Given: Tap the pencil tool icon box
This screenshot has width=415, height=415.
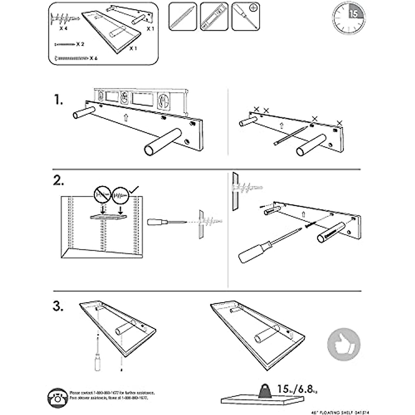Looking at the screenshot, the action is pos(183,17).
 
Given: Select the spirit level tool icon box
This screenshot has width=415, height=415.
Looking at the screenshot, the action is pos(214,17).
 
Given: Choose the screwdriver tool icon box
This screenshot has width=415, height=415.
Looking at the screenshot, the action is pos(245,17).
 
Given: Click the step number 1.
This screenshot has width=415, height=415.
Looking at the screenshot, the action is pos(59,100).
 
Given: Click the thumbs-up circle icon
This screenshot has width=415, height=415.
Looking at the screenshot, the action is pos(344,344).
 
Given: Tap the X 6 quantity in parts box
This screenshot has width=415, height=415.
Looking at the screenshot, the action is pos(93,58).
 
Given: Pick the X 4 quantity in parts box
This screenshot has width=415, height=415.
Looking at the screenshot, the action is pos(63,29).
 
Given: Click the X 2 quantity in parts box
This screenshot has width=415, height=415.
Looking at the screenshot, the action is pos(80,44).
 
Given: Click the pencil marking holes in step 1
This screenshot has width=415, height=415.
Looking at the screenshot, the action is pos(290,136).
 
